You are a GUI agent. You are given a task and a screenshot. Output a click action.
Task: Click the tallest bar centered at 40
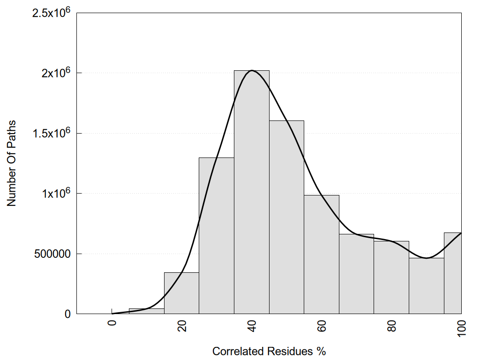(x=251, y=192)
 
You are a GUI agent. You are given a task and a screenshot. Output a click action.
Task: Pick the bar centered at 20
(x=181, y=293)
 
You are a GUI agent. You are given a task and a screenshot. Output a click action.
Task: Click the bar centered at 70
(x=356, y=274)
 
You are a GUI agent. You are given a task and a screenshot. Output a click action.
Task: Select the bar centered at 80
(x=391, y=277)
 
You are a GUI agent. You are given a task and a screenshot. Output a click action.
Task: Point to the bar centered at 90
(x=426, y=285)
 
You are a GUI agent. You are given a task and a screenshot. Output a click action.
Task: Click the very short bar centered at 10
(x=146, y=311)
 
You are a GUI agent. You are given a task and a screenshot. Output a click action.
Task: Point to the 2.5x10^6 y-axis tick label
(x=51, y=13)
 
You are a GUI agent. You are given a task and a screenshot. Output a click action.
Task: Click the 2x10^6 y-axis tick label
(x=55, y=73)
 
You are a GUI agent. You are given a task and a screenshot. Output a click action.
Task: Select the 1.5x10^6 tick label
(x=51, y=133)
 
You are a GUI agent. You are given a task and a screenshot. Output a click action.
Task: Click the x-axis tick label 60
(x=322, y=325)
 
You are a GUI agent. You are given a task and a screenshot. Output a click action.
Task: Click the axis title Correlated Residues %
(x=269, y=351)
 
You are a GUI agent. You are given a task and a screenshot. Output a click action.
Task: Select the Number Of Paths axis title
(x=12, y=163)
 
